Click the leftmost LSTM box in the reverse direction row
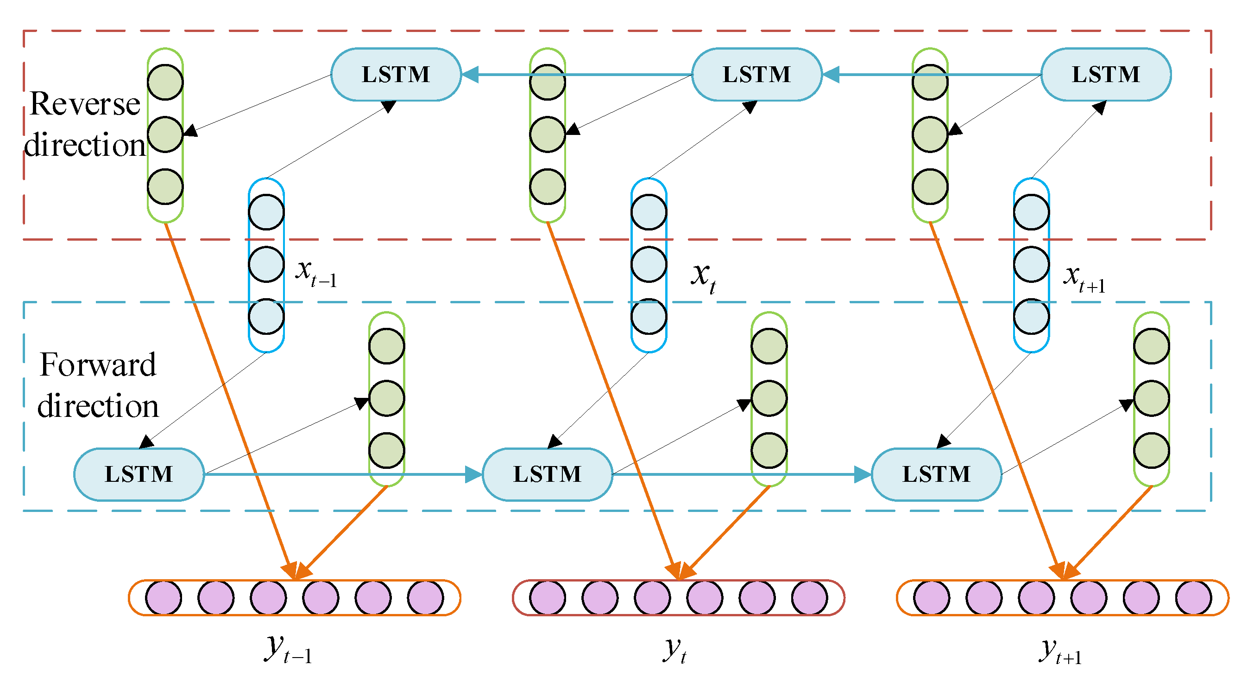click(x=395, y=75)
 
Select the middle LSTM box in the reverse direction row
click(x=756, y=75)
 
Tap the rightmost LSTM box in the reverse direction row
click(x=1105, y=75)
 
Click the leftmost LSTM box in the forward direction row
click(x=139, y=474)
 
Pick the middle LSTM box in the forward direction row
click(x=547, y=474)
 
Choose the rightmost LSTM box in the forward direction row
click(x=936, y=474)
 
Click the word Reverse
click(x=85, y=104)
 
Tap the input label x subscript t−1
click(x=315, y=273)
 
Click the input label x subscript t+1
click(x=1084, y=279)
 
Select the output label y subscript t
click(x=674, y=649)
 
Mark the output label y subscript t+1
click(x=1060, y=652)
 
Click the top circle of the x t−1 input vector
click(x=266, y=212)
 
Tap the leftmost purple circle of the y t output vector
click(x=547, y=597)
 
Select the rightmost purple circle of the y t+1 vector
click(x=1193, y=597)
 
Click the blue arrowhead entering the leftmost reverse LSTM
click(x=470, y=75)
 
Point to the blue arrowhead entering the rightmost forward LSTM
click(x=863, y=474)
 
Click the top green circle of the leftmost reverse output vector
click(x=165, y=82)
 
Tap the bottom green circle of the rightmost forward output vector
click(x=1151, y=450)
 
